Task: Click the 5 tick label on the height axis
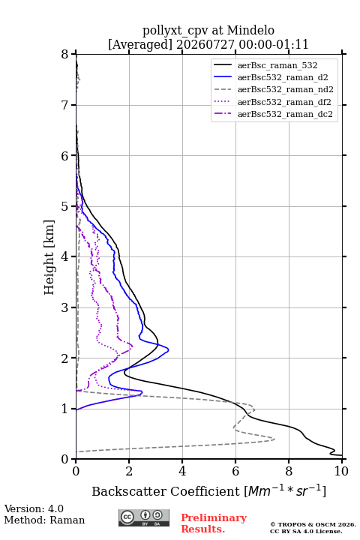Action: (65, 206)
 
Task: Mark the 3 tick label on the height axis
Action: (65, 307)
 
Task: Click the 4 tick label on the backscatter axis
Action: (182, 471)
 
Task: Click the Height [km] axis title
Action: (49, 257)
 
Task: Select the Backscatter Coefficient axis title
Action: (208, 490)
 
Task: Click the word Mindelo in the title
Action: (250, 30)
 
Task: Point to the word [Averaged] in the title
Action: (140, 44)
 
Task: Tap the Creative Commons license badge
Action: (144, 517)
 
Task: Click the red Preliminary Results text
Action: (214, 523)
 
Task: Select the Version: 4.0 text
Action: (34, 508)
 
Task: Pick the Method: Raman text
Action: (44, 520)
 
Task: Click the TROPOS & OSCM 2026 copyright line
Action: (313, 524)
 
